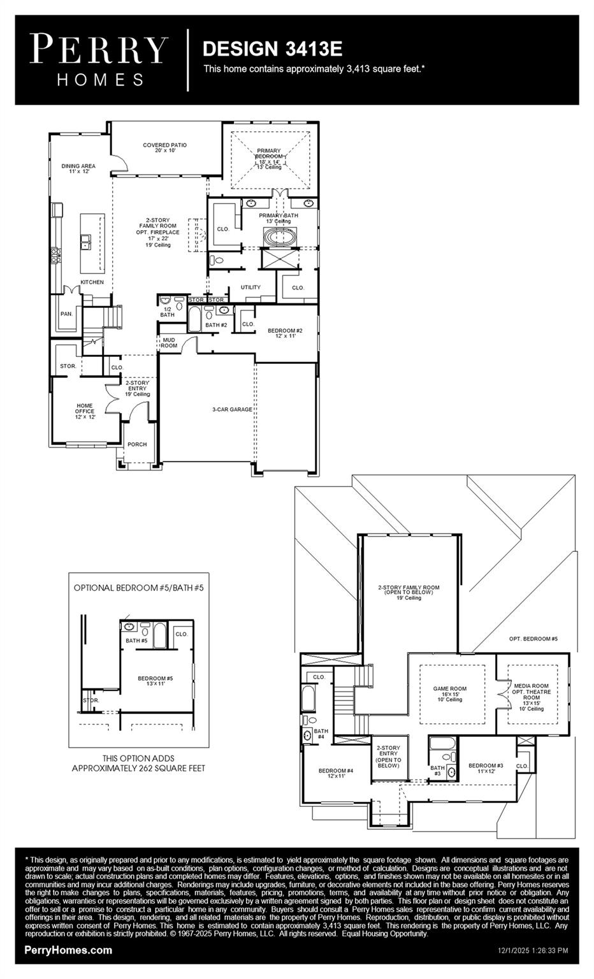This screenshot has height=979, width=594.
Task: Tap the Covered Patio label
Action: (164, 148)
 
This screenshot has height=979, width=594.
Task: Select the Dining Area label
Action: (78, 169)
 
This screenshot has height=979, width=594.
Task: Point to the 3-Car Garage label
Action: (232, 409)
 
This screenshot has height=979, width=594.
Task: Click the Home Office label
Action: (85, 411)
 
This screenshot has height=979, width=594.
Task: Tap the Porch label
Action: (137, 444)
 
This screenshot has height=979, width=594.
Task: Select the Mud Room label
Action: (169, 343)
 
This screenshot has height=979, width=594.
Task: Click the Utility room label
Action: (250, 287)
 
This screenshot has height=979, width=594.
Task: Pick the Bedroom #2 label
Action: (284, 333)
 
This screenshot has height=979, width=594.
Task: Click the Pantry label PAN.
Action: (66, 314)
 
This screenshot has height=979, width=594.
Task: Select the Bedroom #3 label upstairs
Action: (486, 768)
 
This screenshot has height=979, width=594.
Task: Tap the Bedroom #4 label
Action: (336, 773)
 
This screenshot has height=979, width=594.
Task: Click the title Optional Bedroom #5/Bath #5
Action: (138, 588)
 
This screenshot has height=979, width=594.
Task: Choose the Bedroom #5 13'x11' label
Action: (156, 681)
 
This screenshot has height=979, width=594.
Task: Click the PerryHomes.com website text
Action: (68, 950)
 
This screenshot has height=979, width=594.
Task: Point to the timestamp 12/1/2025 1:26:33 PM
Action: (532, 950)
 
